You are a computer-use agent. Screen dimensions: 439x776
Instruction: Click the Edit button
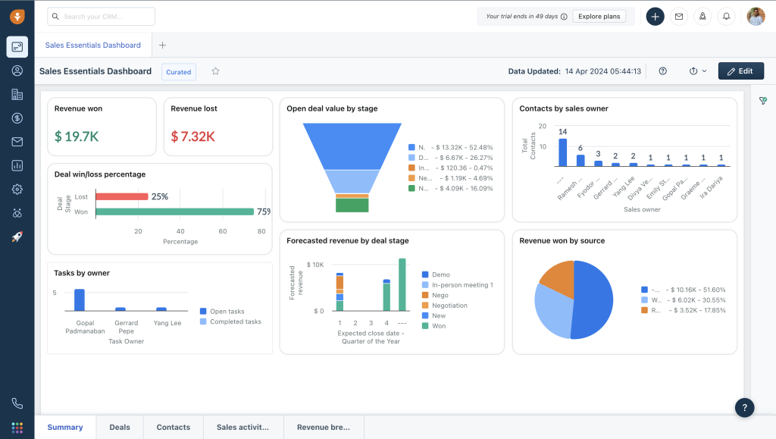[740, 71]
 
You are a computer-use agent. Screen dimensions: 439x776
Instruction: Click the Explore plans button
[599, 16]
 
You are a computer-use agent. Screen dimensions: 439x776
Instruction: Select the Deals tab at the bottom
[120, 427]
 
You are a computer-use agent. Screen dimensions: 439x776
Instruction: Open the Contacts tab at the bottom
[173, 427]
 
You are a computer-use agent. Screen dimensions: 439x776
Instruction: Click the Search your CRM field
[101, 16]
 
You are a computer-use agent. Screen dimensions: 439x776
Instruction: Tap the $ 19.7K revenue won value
[77, 136]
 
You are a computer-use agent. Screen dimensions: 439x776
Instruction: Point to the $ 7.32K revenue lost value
[192, 136]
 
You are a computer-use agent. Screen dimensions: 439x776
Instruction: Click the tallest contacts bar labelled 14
[562, 152]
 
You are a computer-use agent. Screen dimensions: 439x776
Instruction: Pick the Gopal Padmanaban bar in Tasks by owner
[79, 299]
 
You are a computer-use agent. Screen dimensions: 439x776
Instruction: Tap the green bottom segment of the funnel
[352, 205]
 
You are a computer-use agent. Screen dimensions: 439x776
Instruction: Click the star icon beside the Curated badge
[215, 71]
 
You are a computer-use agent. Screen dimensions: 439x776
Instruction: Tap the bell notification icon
[726, 16]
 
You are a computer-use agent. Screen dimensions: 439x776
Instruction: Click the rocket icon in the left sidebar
[17, 237]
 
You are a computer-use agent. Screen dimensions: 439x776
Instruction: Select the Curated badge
[179, 71]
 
